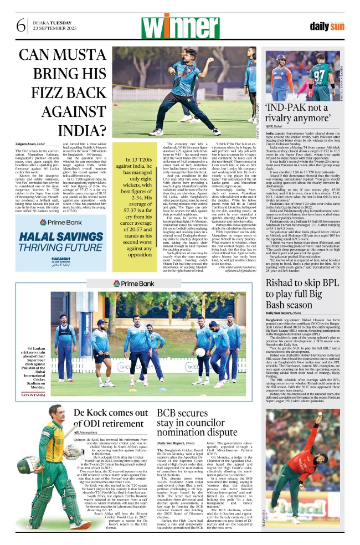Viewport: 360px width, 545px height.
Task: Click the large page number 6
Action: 21,25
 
